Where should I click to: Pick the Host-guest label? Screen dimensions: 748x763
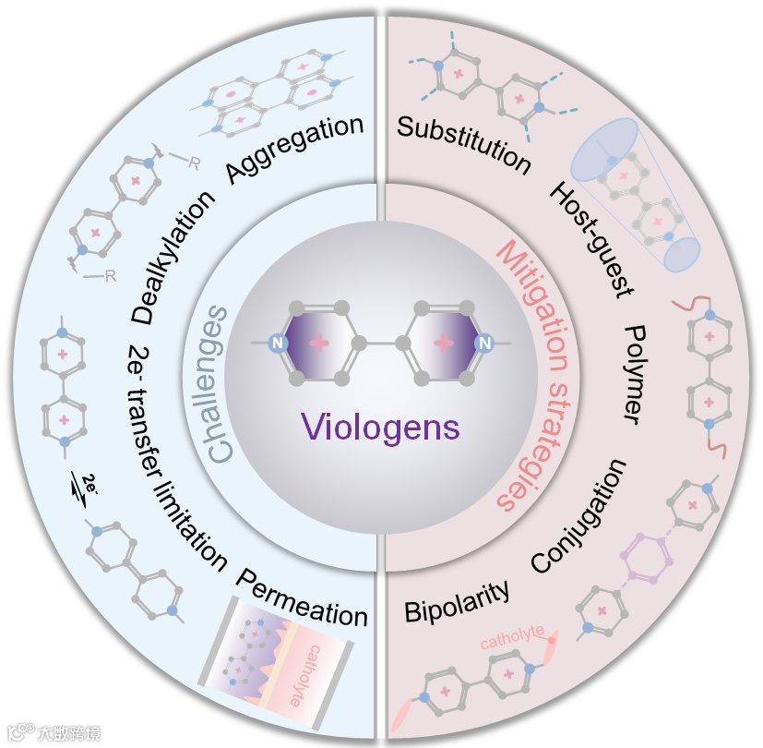(x=590, y=239)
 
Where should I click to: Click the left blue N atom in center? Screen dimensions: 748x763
(x=274, y=344)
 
